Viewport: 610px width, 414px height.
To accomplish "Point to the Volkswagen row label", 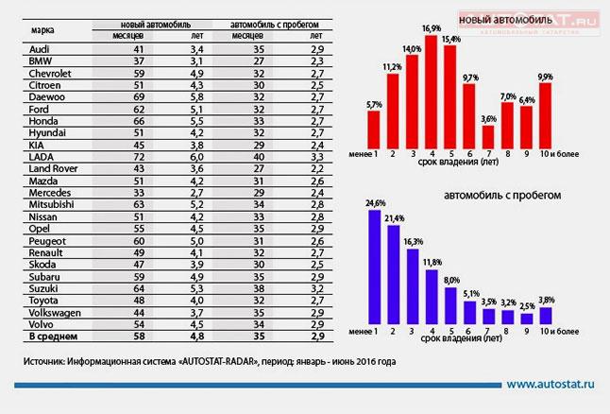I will (55, 311).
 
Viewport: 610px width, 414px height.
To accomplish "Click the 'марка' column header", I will (42, 28).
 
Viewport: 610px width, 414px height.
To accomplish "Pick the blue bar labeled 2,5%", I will (527, 316).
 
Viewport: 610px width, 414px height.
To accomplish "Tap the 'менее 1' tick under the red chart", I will (372, 154).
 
